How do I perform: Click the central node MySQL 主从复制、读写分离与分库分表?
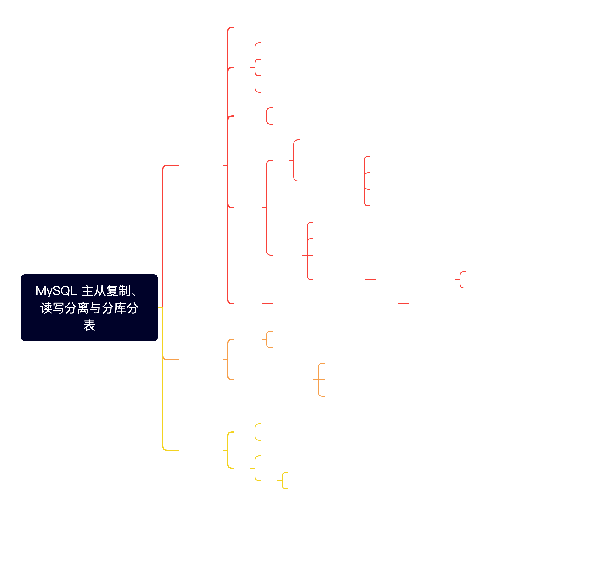89,308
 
